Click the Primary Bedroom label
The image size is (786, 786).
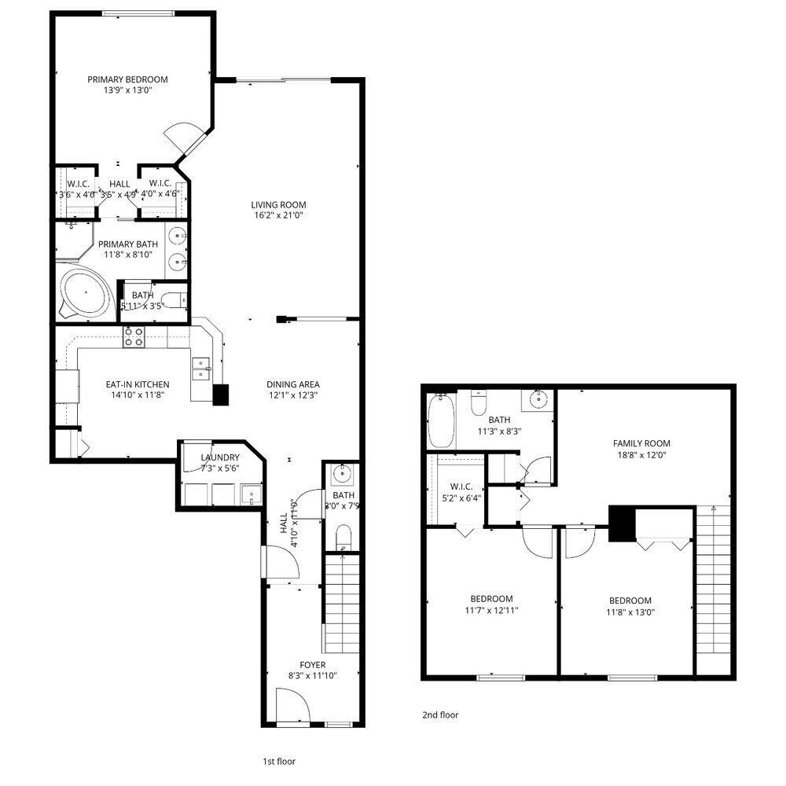(127, 79)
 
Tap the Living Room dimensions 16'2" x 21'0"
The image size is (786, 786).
(273, 215)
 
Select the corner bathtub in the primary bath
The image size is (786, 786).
(85, 293)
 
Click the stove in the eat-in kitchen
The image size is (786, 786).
(133, 337)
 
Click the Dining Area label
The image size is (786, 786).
(292, 384)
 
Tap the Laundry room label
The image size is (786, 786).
(219, 457)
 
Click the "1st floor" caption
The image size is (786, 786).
(278, 761)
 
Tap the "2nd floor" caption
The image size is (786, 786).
(440, 715)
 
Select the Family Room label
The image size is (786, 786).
(641, 443)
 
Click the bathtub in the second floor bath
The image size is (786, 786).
(437, 421)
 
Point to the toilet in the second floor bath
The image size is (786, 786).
(477, 404)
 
